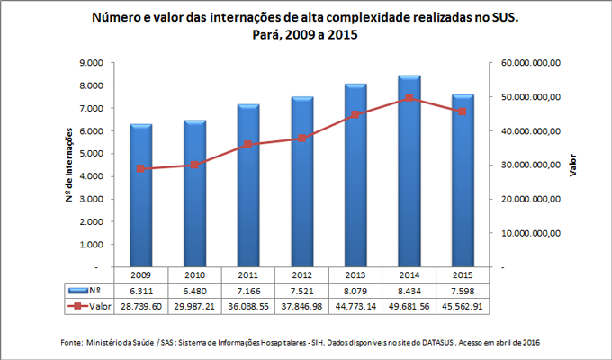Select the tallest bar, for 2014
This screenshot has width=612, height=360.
[409, 172]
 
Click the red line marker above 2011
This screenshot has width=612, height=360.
[248, 144]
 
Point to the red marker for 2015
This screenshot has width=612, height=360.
[463, 111]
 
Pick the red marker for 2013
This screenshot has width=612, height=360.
[355, 115]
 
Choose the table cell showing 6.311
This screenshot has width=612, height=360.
[140, 290]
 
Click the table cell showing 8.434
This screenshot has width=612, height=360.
[409, 290]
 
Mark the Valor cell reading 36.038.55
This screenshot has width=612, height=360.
[248, 306]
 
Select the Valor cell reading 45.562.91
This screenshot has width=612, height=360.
[463, 306]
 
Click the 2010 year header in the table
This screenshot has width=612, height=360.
[194, 274]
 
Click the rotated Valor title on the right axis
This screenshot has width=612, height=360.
[573, 166]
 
